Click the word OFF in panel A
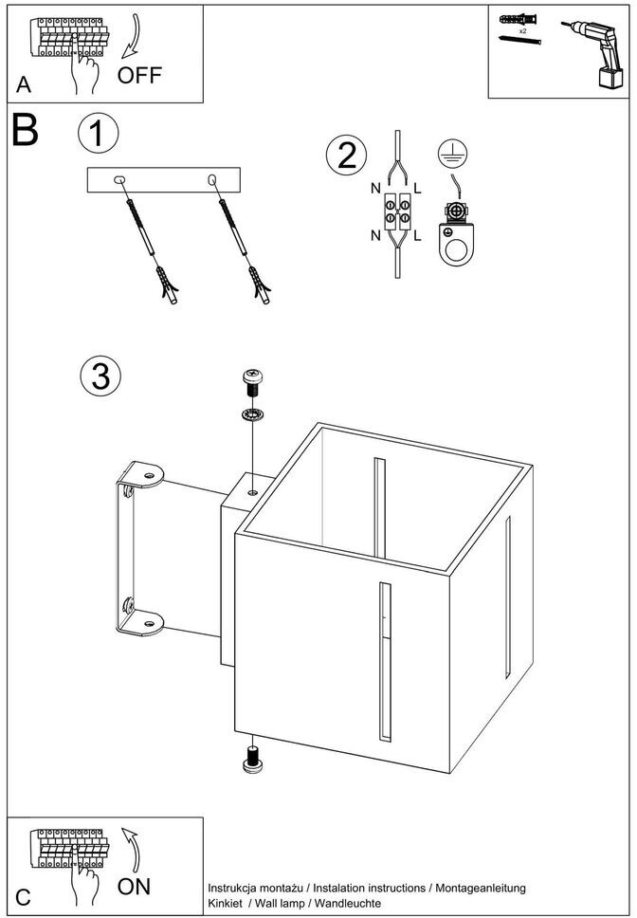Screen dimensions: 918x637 point(140,74)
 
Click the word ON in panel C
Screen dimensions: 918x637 point(135,887)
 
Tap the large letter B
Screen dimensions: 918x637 point(26,132)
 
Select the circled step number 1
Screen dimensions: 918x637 point(99,132)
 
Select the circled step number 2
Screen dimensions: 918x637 point(345,155)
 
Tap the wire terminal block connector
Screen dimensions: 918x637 point(396,210)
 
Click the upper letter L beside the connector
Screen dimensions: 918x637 point(418,189)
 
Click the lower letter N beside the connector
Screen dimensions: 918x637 point(376,234)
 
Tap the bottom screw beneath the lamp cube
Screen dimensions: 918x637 point(253,762)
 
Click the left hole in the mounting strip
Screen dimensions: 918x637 point(119,179)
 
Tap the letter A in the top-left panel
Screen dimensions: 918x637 point(24,85)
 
